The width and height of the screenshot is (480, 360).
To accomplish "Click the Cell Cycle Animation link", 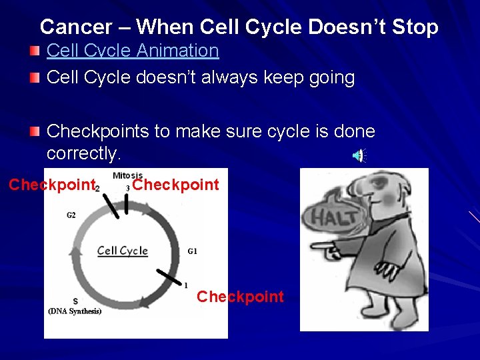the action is coord(133,51).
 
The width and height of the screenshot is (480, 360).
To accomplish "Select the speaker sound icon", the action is coord(359,156).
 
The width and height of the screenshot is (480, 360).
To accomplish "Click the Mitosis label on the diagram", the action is coord(127,175).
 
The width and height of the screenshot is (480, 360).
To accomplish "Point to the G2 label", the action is coord(71,215).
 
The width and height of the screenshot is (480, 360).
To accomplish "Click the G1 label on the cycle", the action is coord(192,251).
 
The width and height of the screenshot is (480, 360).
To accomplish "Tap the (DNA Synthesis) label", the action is coord(75,311).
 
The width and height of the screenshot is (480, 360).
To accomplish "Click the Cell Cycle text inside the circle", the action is coord(122,251).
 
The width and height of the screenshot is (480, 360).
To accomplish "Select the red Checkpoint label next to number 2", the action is coord(52,185).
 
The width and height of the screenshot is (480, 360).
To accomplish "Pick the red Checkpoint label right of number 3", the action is coord(175,185).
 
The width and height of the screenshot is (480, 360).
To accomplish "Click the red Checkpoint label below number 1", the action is coord(240,297).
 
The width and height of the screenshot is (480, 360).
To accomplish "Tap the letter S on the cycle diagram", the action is coord(75,301).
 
